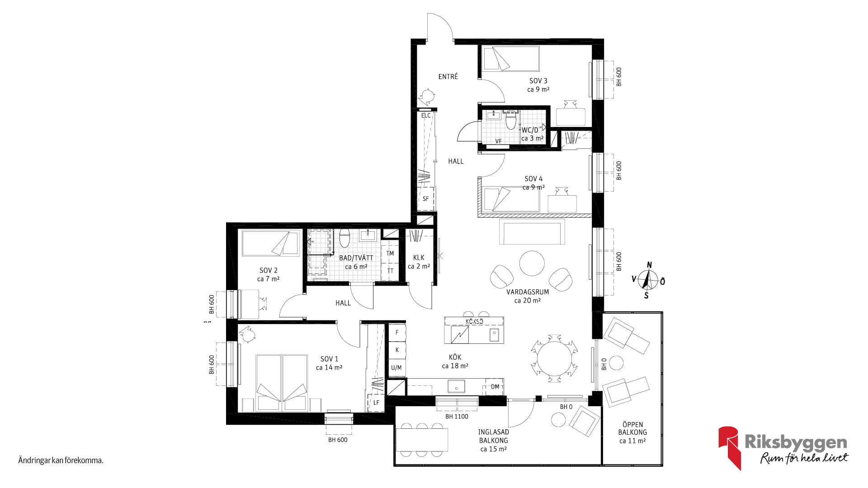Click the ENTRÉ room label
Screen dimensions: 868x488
tap(448, 77)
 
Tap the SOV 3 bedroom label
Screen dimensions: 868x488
tap(538, 81)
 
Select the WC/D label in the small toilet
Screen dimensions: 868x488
tap(530, 130)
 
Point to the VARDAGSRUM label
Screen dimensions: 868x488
tap(528, 292)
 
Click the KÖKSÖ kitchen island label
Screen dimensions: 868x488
tap(474, 321)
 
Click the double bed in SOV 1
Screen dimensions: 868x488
tap(282, 383)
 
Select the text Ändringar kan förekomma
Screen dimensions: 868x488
tap(61, 461)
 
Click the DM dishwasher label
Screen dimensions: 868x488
tap(495, 387)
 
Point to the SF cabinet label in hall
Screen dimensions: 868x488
tap(425, 199)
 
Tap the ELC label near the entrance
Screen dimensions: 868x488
tap(426, 116)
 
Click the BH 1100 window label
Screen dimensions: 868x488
tap(457, 417)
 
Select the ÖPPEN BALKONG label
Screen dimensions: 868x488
tap(632, 428)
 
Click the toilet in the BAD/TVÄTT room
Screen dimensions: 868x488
tap(344, 238)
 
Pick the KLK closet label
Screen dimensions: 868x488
tap(419, 258)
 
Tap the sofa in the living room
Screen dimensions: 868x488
tap(532, 231)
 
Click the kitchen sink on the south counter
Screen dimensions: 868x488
tap(457, 387)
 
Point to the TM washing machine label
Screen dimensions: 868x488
tap(390, 253)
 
